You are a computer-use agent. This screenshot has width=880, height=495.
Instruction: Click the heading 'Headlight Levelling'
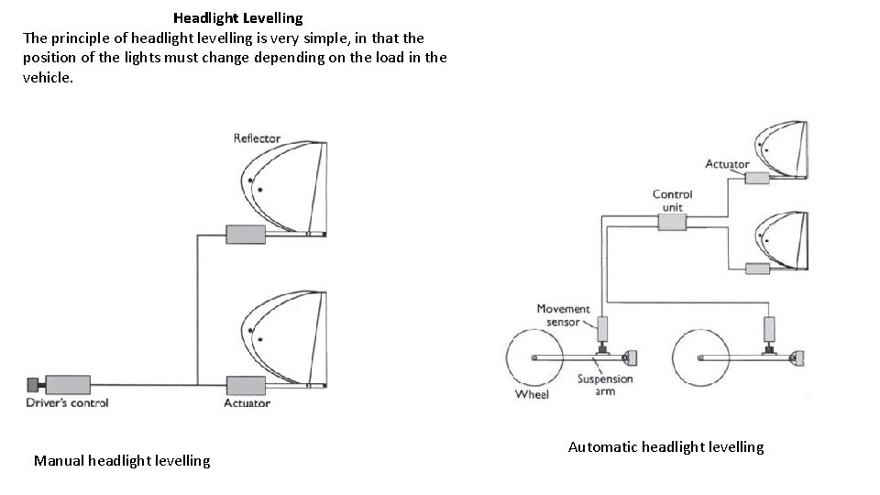pos(237,17)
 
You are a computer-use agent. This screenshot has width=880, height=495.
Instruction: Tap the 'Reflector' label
pos(257,138)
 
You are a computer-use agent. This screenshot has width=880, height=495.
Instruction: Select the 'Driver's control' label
pos(68,403)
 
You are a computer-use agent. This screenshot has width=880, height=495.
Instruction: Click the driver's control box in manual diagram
pos(67,384)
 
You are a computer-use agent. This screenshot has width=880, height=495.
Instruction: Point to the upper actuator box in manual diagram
pos(245,235)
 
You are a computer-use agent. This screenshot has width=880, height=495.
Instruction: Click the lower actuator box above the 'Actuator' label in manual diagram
pos(245,385)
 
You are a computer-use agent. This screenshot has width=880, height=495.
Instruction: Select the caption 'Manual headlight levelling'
pos(122,460)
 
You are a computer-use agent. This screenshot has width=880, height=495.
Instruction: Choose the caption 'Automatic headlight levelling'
pos(665,446)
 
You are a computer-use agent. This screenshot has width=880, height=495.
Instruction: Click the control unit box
pos(672,221)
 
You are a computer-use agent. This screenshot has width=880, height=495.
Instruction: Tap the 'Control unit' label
pos(672,201)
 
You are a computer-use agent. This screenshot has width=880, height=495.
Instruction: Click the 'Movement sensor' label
pos(563,315)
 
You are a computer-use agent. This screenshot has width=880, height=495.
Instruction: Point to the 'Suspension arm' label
pos(605,385)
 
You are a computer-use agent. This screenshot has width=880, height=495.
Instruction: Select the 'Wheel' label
pos(532,394)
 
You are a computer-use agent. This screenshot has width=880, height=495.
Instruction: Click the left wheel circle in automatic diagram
pos(534,357)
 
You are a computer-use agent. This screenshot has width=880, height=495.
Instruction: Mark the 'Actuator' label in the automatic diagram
pos(727,164)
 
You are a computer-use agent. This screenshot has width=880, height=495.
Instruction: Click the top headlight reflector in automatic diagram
pos(780,147)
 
